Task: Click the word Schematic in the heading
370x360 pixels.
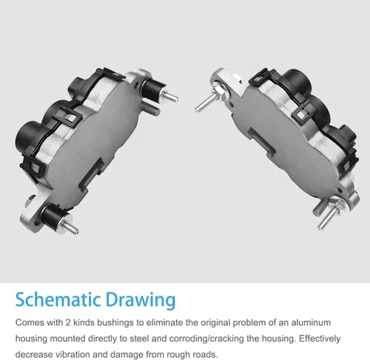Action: pos(58,299)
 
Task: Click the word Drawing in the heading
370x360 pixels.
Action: pos(141,301)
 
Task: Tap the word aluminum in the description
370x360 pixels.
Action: pos(311,322)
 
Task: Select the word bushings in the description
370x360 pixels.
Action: pos(115,323)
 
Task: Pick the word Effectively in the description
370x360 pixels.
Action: pos(320,339)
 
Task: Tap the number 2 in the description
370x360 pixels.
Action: pos(68,323)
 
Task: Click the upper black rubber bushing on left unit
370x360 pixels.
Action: pos(152,89)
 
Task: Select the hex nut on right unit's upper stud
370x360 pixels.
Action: pos(219,90)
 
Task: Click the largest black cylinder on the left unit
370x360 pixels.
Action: pos(29,135)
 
